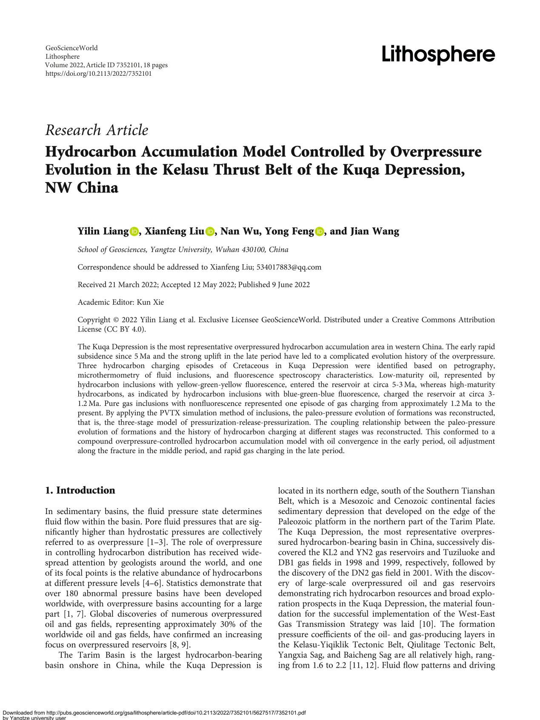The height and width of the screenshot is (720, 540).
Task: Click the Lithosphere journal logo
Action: coord(438,55)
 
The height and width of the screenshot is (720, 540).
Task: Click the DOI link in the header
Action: coord(98,74)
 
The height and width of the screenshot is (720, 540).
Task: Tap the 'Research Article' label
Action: coord(97,130)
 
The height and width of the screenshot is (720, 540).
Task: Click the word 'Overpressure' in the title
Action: coord(436,151)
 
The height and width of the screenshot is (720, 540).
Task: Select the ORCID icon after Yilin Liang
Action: coord(135,231)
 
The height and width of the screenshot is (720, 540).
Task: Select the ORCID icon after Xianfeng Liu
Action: coord(210,231)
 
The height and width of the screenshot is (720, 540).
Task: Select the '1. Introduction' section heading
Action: coord(80,490)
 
